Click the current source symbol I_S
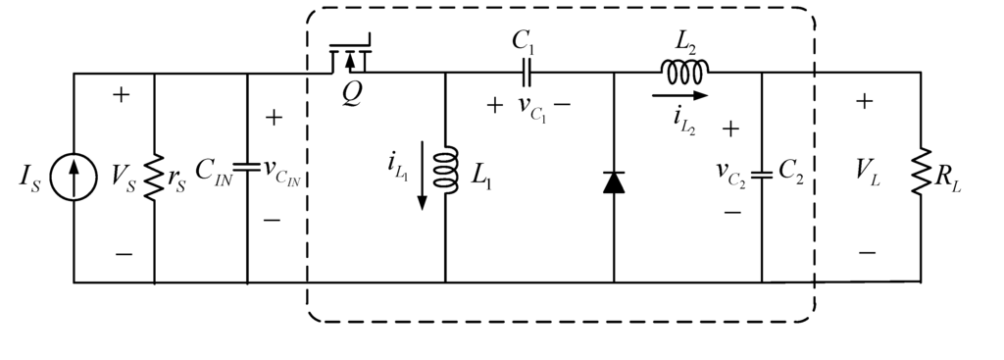[x=75, y=179]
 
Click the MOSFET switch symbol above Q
[x=350, y=59]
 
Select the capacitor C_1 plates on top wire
[x=528, y=73]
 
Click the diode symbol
[x=614, y=181]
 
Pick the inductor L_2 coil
[x=684, y=71]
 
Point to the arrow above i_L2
[x=678, y=96]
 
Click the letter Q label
[x=351, y=98]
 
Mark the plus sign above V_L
[x=866, y=100]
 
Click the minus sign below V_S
[x=124, y=254]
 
